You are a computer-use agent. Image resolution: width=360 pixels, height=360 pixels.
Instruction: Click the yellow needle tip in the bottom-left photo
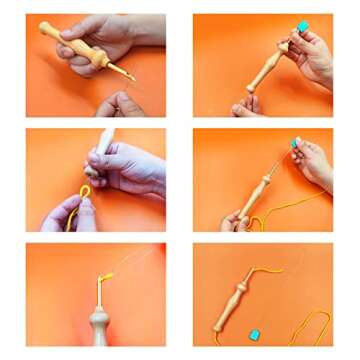(102, 279)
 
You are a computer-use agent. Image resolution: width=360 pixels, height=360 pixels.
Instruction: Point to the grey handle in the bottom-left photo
(99, 325)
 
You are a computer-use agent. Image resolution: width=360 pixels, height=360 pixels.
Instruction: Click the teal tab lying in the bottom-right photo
(255, 334)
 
